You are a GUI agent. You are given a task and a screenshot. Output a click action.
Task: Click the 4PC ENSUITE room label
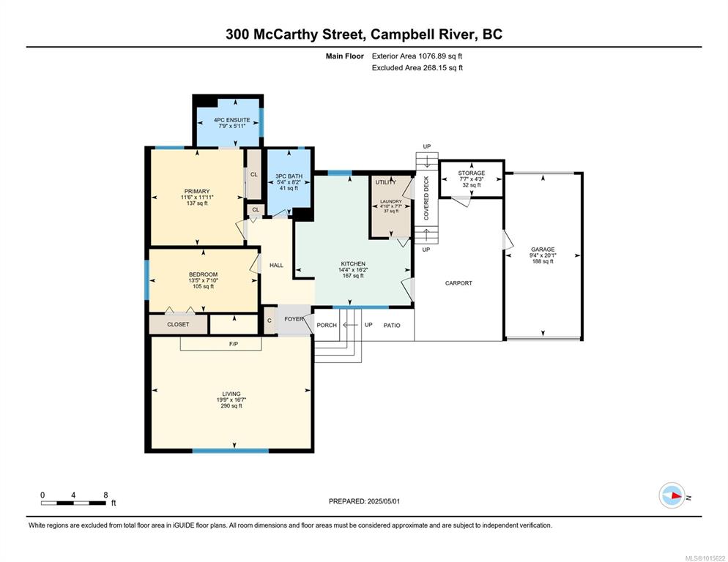pos(231,120)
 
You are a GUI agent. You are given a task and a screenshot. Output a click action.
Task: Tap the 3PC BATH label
pos(289,176)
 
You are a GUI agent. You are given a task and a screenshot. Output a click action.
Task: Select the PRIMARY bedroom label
pos(197,191)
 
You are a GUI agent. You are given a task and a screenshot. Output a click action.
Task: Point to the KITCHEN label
pos(353,263)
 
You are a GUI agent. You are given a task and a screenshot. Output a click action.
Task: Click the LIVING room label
pos(231,394)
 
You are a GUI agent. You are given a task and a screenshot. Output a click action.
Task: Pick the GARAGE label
pos(543,250)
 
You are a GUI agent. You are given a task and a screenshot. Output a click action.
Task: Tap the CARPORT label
pos(458,283)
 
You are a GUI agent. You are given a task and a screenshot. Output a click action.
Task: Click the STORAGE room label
pos(471,173)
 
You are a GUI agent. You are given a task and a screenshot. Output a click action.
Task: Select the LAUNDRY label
pos(391,201)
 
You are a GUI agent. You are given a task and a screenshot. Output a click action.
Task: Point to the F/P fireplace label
pos(234,344)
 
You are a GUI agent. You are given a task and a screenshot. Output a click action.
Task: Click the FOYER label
pos(294,319)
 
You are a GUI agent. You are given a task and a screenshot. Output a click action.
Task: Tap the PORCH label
pos(327,326)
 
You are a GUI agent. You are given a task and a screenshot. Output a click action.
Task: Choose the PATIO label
pos(392,326)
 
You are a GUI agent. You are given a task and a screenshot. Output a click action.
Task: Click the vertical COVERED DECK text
pos(426,198)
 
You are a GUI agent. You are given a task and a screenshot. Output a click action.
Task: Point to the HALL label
pos(276,265)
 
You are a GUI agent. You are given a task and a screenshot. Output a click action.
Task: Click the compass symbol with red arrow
pos(672,495)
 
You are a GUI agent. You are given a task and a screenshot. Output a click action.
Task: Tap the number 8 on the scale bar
pos(106,495)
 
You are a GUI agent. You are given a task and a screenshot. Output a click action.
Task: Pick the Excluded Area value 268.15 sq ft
pos(443,68)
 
